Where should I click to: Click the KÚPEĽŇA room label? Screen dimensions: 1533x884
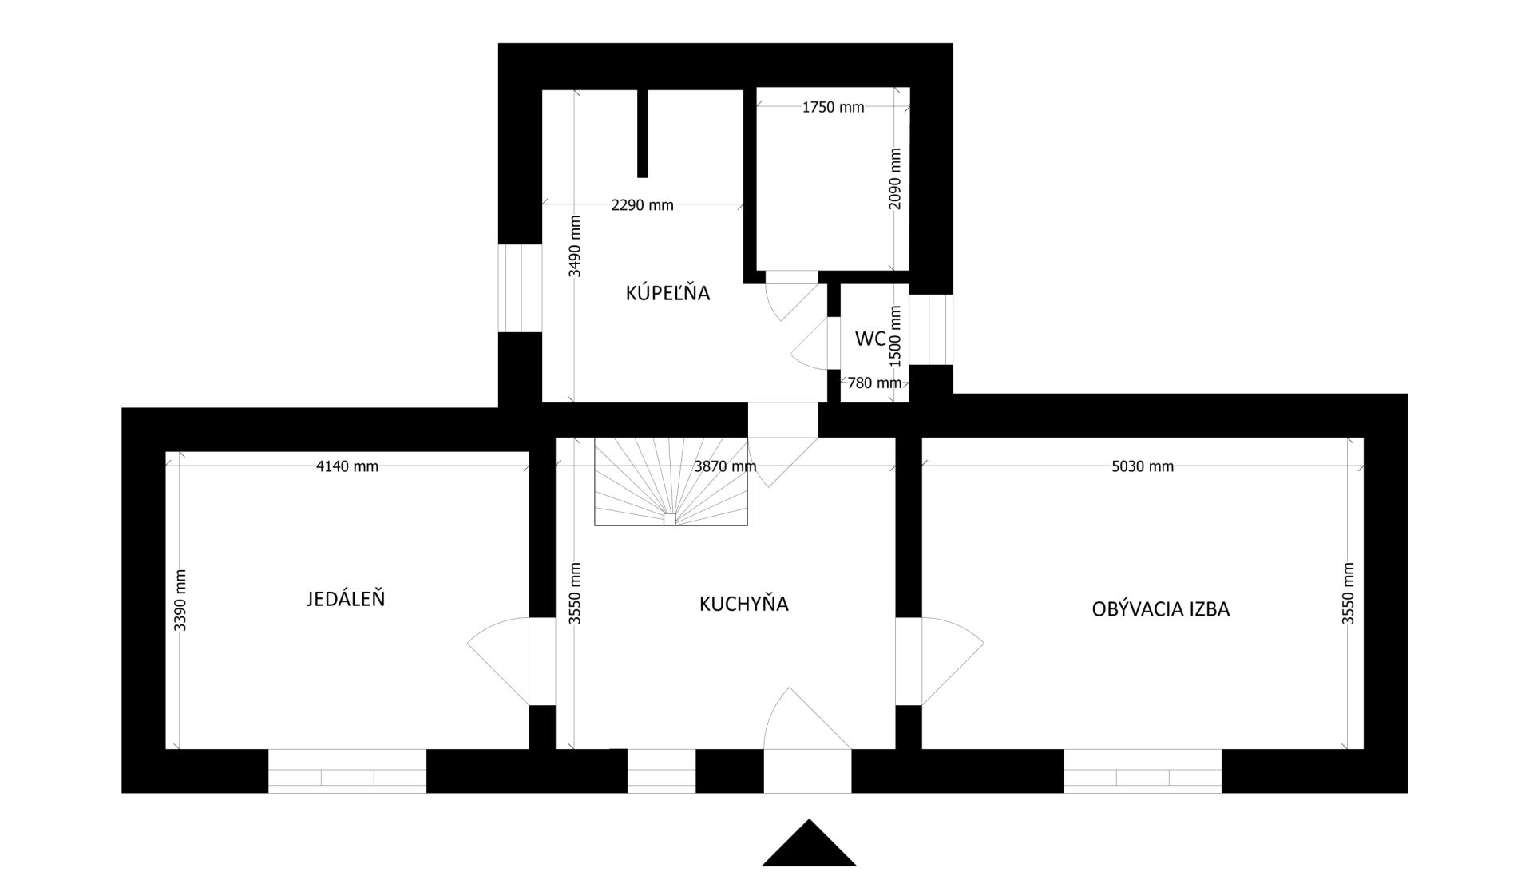point(667,293)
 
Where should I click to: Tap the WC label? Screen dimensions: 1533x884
point(869,339)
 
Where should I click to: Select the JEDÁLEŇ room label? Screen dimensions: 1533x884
point(345,599)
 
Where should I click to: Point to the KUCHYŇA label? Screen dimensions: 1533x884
point(743,604)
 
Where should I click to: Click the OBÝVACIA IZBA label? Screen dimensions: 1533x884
point(1160,609)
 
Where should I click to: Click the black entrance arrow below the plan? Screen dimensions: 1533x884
point(809,843)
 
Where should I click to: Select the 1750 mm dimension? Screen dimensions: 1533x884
point(833,107)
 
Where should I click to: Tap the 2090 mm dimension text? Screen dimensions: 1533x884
point(895,179)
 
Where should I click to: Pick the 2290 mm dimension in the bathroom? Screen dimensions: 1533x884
point(642,205)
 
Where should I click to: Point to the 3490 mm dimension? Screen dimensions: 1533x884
point(575,246)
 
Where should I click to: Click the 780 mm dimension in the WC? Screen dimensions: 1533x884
point(874,383)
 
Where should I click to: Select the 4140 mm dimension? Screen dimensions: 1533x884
point(347,466)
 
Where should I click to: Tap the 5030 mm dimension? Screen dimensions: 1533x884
point(1143,466)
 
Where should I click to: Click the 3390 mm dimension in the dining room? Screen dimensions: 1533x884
point(180,601)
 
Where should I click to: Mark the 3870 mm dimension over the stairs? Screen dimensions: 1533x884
point(725,466)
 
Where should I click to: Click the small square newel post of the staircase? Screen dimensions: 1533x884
point(669,519)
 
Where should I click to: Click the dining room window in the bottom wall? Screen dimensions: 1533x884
point(347,771)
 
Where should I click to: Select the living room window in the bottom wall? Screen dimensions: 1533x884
point(1143,771)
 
